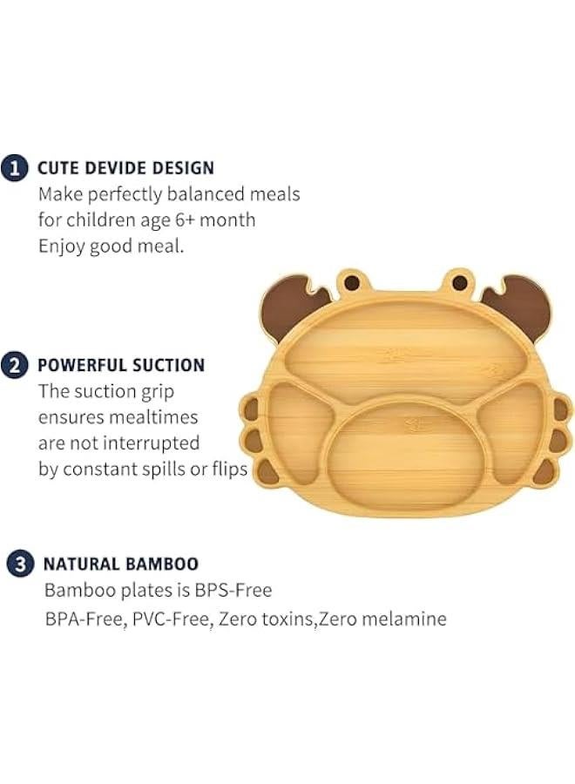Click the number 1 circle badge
pyautogui.click(x=14, y=167)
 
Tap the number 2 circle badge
pyautogui.click(x=14, y=365)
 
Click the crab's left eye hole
pyautogui.click(x=350, y=283)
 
